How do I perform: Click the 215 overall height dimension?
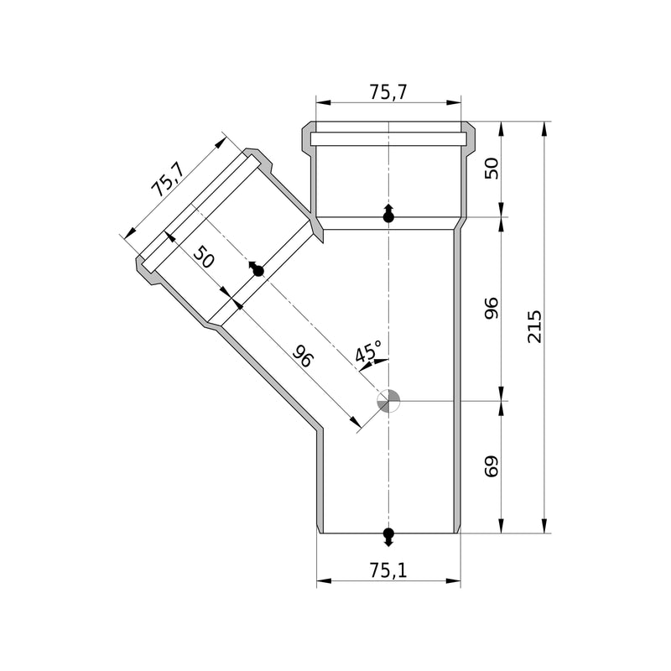tap(534, 326)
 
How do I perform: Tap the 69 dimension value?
tap(492, 466)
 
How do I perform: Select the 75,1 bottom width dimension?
tap(388, 570)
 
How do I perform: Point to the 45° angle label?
tap(367, 351)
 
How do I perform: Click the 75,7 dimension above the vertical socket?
tap(388, 92)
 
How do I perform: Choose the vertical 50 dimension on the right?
tap(492, 169)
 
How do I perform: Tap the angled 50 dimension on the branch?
tap(203, 257)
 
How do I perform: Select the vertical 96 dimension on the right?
tap(492, 308)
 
